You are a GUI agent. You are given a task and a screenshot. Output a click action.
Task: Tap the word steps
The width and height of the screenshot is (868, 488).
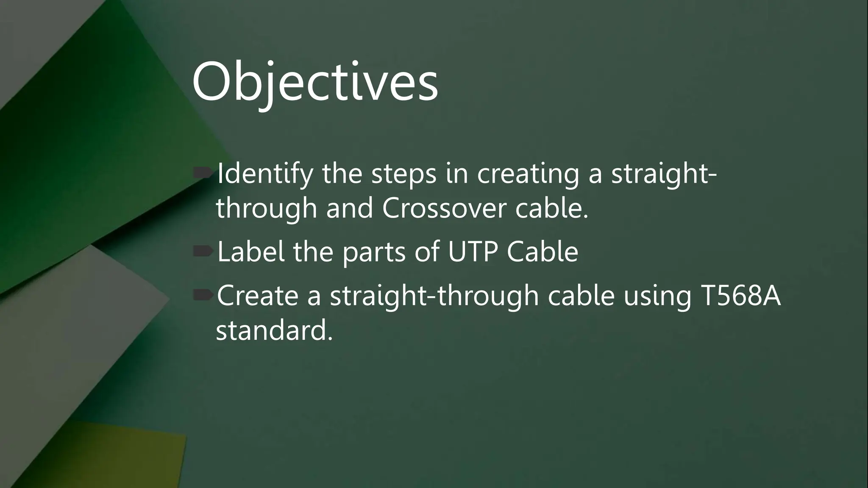(x=403, y=174)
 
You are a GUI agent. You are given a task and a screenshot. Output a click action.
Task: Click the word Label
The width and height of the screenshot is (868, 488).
(x=250, y=252)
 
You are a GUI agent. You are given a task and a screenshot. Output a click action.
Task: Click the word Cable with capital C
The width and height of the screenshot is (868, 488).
(x=542, y=252)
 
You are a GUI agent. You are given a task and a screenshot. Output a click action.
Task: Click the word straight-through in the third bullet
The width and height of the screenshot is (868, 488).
(x=434, y=297)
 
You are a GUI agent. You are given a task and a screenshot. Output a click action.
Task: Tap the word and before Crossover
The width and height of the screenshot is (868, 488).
(x=349, y=208)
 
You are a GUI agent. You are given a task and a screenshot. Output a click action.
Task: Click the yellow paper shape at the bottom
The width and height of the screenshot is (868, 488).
(x=127, y=457)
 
